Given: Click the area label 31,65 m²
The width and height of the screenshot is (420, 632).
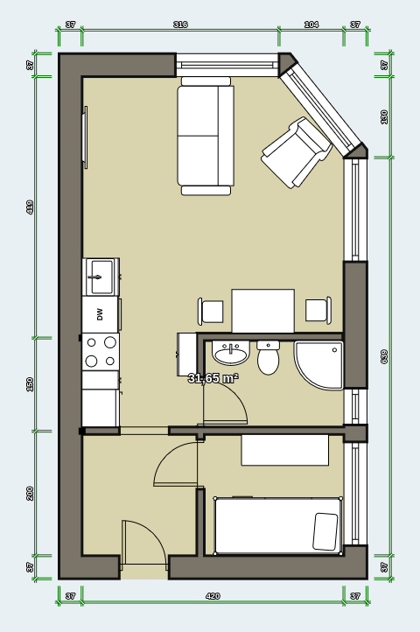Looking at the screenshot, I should pyautogui.click(x=213, y=378).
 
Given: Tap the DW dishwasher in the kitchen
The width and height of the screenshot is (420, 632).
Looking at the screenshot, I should pyautogui.click(x=100, y=314).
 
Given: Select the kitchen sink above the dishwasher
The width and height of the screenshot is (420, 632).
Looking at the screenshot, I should pyautogui.click(x=101, y=277).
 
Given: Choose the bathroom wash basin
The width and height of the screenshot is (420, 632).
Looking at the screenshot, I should pyautogui.click(x=231, y=355).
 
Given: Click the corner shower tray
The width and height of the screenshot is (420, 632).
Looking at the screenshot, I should pyautogui.click(x=319, y=364).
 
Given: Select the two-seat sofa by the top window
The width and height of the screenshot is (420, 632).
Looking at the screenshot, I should pyautogui.click(x=206, y=136).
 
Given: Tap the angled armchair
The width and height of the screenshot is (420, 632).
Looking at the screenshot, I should pyautogui.click(x=297, y=152).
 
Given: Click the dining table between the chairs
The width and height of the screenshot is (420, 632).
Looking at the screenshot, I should pyautogui.click(x=262, y=311).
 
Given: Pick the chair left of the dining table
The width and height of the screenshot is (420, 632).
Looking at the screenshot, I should pyautogui.click(x=211, y=311).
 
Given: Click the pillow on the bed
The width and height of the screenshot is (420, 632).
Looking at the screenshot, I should pyautogui.click(x=325, y=531).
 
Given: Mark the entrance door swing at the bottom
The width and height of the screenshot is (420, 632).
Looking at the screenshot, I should pyautogui.click(x=142, y=543).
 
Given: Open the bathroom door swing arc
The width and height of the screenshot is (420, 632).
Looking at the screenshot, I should pyautogui.click(x=224, y=403).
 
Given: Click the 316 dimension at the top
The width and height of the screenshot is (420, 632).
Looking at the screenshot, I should pyautogui.click(x=180, y=25).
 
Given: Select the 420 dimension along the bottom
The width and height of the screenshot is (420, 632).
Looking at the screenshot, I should pyautogui.click(x=213, y=596).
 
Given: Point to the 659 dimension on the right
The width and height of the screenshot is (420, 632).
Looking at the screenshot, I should pyautogui.click(x=384, y=356).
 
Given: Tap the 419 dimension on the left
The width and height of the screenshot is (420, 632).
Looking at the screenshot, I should pyautogui.click(x=31, y=207).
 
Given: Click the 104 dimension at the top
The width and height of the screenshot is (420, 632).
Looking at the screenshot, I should pyautogui.click(x=311, y=25).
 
